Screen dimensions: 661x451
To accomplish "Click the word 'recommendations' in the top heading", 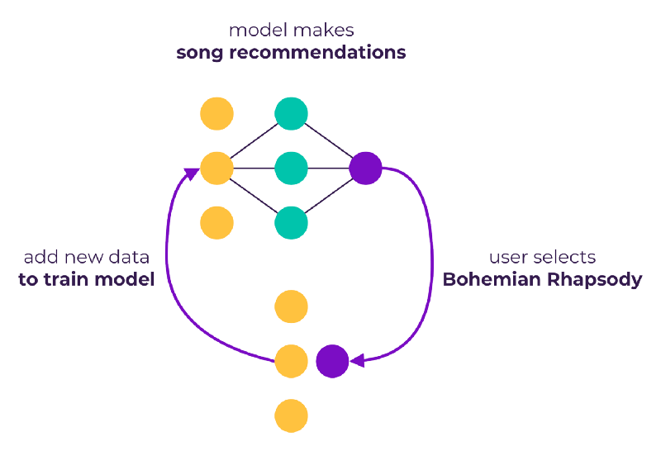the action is [x=317, y=53].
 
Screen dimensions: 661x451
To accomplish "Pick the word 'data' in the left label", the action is [x=129, y=257].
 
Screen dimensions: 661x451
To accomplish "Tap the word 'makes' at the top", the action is [x=323, y=30].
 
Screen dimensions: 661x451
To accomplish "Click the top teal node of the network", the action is [x=291, y=113].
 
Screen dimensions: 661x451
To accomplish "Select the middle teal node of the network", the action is [x=291, y=169].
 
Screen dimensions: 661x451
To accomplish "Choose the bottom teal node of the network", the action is [x=291, y=222].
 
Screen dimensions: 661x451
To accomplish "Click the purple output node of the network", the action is [x=365, y=169].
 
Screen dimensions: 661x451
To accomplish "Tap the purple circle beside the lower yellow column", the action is [x=332, y=361].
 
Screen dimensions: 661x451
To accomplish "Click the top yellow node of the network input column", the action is [x=216, y=113].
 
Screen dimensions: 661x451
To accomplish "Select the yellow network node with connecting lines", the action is [x=216, y=169].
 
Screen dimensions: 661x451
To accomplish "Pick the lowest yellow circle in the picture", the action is [x=291, y=415].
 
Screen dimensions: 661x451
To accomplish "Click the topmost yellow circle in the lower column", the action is [x=291, y=306].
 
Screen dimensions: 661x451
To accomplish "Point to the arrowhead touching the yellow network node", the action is [x=192, y=173].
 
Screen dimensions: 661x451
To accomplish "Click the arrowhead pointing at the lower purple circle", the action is [x=358, y=361].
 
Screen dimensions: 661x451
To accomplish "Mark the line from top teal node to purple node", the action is [x=328, y=140].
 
